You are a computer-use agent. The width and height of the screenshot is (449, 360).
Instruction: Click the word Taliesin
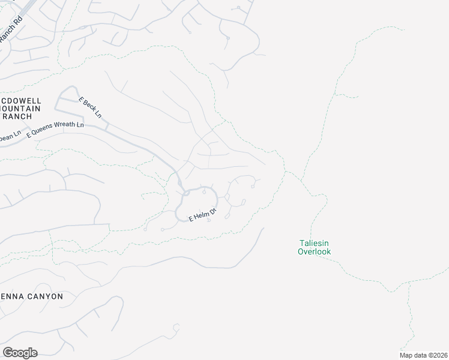314,243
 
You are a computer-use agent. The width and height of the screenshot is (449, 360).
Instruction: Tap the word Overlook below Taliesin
314,251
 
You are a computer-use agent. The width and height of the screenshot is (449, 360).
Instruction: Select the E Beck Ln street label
91,107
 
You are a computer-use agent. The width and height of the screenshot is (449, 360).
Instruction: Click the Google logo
20,353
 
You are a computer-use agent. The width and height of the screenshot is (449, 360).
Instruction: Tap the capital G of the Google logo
8,352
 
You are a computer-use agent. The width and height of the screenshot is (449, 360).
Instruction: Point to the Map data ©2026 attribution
424,355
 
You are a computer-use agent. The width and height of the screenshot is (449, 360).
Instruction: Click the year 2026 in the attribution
441,355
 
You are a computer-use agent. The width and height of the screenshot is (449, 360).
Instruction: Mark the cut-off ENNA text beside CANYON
12,296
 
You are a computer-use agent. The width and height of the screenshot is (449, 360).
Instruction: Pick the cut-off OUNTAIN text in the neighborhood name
20,109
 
